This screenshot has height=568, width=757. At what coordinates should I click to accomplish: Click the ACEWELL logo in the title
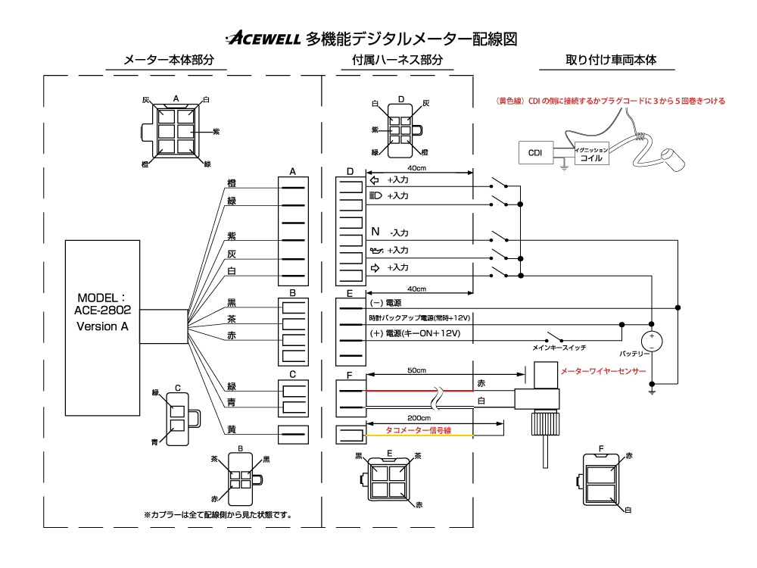tap(263, 38)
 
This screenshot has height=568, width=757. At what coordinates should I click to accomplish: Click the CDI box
tap(536, 153)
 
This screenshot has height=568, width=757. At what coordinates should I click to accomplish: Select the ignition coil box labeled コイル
tap(591, 153)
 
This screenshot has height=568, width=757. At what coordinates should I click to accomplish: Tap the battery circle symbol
tap(651, 341)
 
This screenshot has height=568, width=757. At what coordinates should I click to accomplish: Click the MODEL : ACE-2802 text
tap(102, 304)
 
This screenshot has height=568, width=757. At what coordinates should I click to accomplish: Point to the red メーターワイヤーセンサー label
tap(603, 371)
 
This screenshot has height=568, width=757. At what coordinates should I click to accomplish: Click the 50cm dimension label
tap(416, 370)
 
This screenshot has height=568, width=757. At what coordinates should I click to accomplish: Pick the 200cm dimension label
tap(419, 418)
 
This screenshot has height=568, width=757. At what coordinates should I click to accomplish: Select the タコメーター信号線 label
tap(418, 430)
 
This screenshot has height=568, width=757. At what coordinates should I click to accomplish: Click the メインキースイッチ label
tap(559, 348)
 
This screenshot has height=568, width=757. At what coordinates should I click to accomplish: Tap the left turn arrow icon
tap(374, 180)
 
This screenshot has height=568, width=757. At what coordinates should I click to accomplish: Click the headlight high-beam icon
tap(375, 195)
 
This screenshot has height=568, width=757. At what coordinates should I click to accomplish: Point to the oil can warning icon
tap(376, 250)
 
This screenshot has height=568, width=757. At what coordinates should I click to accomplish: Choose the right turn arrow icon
tap(375, 267)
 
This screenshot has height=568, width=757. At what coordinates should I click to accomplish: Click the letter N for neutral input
tap(375, 232)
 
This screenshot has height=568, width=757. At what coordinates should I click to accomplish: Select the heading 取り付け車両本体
tap(611, 60)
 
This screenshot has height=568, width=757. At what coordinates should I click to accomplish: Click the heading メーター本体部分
tap(169, 60)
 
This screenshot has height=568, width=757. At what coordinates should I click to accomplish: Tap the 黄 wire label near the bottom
tap(232, 429)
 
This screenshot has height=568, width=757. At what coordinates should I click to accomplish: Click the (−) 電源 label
tap(385, 303)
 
